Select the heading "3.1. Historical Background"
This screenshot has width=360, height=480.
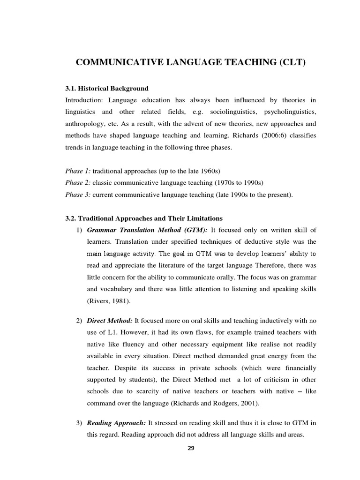[106, 88]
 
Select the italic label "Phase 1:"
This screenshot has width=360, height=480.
[78, 172]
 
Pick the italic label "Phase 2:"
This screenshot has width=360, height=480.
[78, 183]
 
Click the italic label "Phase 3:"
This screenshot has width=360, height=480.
[78, 195]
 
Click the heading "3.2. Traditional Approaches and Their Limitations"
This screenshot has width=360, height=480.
[144, 218]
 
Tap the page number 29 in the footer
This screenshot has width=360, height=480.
[190, 448]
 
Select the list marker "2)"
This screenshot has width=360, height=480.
[79, 321]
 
